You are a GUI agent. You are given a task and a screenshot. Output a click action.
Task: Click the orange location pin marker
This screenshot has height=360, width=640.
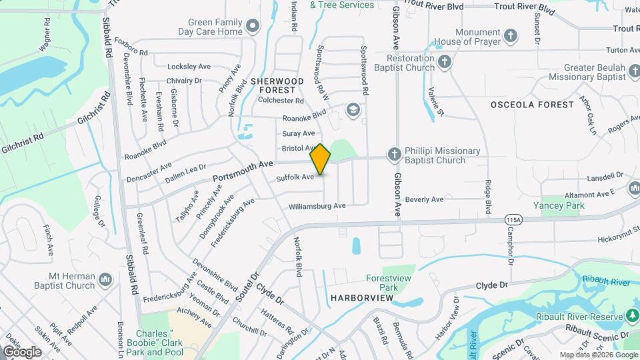coord(320,159)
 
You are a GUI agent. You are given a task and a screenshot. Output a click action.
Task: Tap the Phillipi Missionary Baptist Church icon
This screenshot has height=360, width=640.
coord(395,155)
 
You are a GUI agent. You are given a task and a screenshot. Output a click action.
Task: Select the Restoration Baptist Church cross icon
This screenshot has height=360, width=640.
coord(445,62)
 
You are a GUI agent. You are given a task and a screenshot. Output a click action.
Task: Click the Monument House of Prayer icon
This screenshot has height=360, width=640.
coord(511,35)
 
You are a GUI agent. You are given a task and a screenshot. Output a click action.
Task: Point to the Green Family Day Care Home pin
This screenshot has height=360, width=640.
coord(253,27)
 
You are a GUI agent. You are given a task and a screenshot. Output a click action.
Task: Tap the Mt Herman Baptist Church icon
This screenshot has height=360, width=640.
coord(105,281)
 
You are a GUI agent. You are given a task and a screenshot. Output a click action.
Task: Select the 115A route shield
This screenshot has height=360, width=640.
coord(513,219)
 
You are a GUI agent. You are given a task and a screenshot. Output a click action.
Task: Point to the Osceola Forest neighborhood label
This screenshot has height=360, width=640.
coord(532,105)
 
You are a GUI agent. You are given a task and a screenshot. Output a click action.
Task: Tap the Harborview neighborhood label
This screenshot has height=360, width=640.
coord(361,297)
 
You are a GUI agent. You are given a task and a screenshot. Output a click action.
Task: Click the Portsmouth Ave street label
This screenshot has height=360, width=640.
coord(243,171)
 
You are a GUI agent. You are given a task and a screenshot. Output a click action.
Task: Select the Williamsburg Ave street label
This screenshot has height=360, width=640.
coord(317,206)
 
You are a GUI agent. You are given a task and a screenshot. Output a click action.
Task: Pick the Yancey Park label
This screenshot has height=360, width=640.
coord(559,205)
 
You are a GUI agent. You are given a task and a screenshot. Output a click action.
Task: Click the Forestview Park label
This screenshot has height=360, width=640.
coord(381,283)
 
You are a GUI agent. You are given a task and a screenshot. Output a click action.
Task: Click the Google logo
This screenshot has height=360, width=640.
coord(22,352)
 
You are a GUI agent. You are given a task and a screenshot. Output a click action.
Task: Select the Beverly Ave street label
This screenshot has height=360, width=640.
coord(424,199)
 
